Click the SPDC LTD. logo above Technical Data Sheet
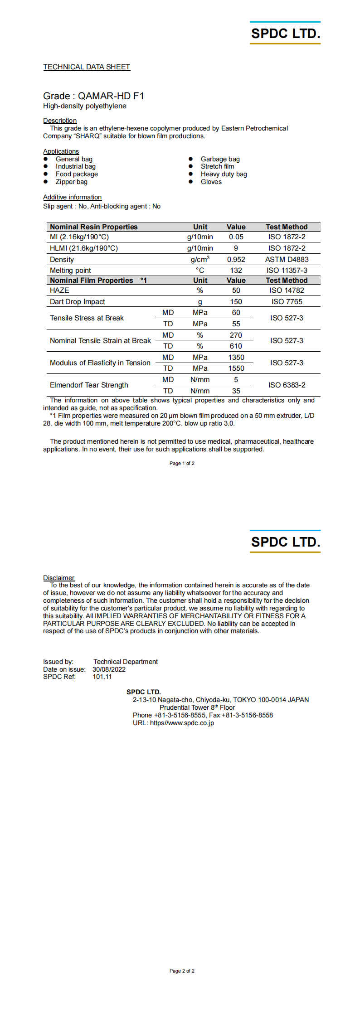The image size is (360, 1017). point(285,33)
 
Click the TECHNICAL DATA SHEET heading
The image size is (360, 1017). point(87,67)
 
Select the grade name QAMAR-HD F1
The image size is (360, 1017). point(111,96)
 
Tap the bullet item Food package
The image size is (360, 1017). point(77,174)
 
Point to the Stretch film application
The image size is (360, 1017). point(217,166)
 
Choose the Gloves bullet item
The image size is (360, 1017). point(211,182)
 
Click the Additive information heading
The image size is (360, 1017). point(72,197)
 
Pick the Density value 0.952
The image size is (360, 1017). point(236,260)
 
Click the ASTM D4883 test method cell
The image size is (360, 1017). point(287,260)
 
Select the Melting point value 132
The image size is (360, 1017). point(236,271)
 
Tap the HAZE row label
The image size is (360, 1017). point(59,291)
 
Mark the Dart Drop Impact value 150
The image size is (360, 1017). point(236,302)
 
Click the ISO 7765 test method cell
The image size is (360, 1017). point(287,302)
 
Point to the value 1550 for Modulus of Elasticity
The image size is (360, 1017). point(236,368)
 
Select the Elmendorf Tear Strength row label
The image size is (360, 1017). point(89,385)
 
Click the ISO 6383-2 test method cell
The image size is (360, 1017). point(287,385)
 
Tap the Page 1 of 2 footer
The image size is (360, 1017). point(182,463)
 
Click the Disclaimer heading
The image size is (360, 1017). point(58,578)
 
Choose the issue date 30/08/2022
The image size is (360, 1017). point(109,669)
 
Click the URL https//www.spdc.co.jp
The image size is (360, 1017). point(182,723)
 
